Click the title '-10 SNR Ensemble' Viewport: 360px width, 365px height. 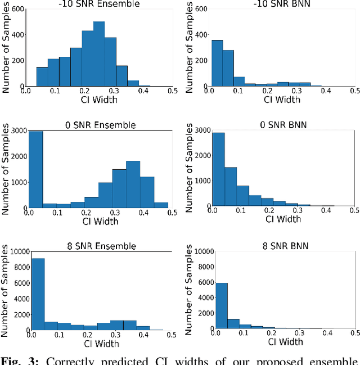pyautogui.click(x=99, y=4)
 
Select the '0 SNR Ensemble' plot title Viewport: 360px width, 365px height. pyautogui.click(x=99, y=125)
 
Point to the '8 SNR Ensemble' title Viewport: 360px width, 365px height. pyautogui.click(x=99, y=246)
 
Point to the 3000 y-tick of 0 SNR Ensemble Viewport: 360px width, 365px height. pyautogui.click(x=18, y=130)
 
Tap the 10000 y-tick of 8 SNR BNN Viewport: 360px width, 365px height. pyautogui.click(x=199, y=251)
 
